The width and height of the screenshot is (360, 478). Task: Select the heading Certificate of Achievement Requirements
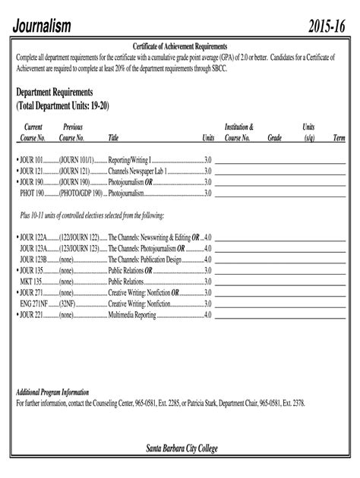click(180, 47)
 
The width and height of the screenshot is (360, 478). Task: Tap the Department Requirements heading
click(59, 92)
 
